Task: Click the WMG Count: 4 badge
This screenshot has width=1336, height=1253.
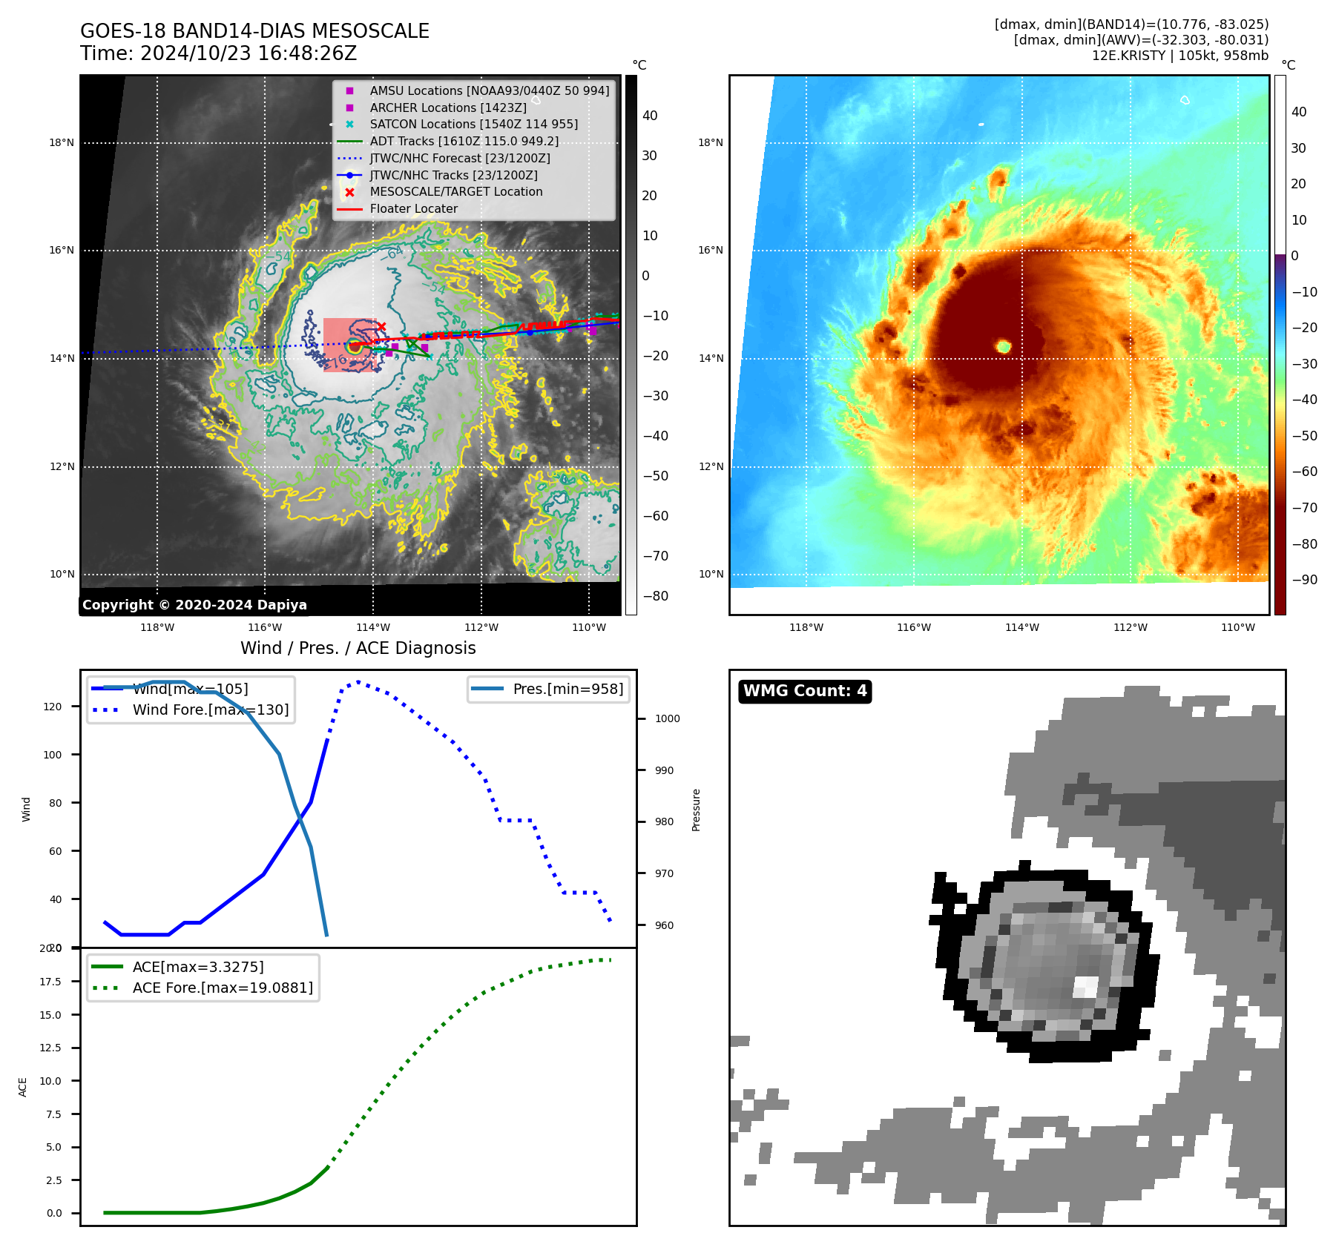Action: point(805,691)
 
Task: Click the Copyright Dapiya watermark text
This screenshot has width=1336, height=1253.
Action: point(194,605)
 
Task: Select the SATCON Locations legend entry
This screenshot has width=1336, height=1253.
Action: point(473,125)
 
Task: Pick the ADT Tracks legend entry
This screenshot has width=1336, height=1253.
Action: point(464,142)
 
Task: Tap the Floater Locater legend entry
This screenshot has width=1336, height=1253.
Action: point(413,209)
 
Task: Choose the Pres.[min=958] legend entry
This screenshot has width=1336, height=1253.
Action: point(567,689)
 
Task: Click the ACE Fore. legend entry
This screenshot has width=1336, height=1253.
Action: point(222,988)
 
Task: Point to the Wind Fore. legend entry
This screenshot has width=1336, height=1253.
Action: point(210,710)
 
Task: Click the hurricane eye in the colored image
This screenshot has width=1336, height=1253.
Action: point(1004,346)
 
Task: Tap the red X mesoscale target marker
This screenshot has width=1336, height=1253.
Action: point(381,326)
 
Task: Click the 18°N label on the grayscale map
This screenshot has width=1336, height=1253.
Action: point(62,142)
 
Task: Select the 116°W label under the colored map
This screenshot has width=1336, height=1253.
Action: point(914,627)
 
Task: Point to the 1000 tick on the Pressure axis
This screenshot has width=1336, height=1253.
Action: point(667,718)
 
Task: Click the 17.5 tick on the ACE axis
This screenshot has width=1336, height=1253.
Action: point(50,982)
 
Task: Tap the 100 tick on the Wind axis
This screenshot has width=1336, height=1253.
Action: point(53,755)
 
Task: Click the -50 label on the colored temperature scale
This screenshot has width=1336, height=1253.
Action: point(1304,436)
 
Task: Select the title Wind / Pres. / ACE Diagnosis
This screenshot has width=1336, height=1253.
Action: point(358,648)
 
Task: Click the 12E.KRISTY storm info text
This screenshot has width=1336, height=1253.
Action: point(1179,56)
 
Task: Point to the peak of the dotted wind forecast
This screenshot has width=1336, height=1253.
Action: point(358,681)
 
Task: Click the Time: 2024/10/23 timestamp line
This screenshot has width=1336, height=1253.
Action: point(218,53)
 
